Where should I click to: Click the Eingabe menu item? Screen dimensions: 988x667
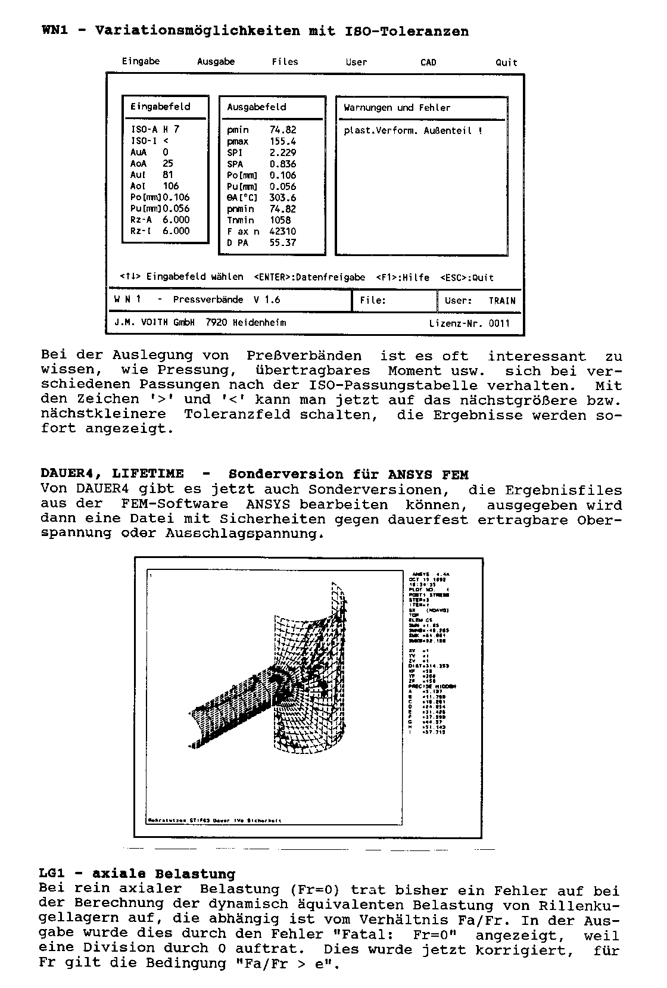click(141, 61)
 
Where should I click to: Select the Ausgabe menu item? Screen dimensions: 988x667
click(216, 61)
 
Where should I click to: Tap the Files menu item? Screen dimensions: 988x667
click(285, 61)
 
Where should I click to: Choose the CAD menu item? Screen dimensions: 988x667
click(428, 62)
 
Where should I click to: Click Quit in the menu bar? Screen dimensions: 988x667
click(506, 62)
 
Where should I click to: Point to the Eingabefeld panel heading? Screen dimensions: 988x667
click(160, 107)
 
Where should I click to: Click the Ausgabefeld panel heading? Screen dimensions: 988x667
click(256, 107)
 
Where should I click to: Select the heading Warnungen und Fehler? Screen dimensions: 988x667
click(397, 108)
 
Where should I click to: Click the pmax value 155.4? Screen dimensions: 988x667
click(282, 141)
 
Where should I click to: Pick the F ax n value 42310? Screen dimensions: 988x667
click(282, 231)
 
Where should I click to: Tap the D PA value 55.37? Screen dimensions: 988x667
click(282, 242)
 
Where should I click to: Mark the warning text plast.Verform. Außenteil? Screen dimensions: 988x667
click(413, 130)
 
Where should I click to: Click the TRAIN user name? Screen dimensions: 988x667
click(502, 301)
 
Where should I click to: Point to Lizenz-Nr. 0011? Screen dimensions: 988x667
click(469, 323)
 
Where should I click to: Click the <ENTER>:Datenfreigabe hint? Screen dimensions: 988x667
click(309, 278)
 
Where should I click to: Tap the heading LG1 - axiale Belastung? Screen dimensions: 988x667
click(137, 874)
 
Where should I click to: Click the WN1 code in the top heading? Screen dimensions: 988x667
click(55, 31)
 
